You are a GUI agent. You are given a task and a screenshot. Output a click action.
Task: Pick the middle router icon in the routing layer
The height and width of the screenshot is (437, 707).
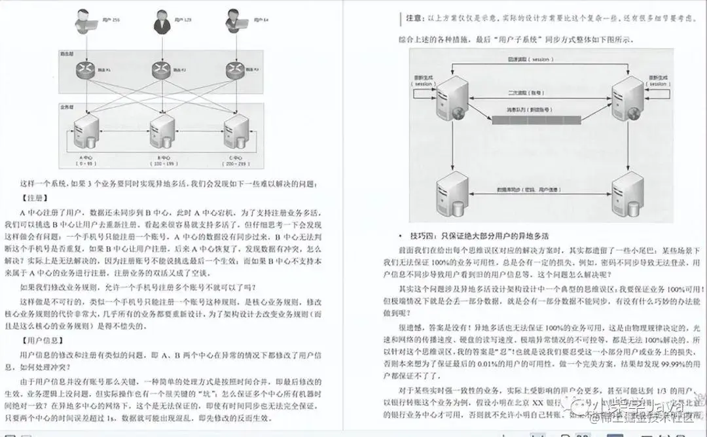(x=160, y=69)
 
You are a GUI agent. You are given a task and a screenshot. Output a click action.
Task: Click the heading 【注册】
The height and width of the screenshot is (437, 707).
(x=36, y=197)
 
